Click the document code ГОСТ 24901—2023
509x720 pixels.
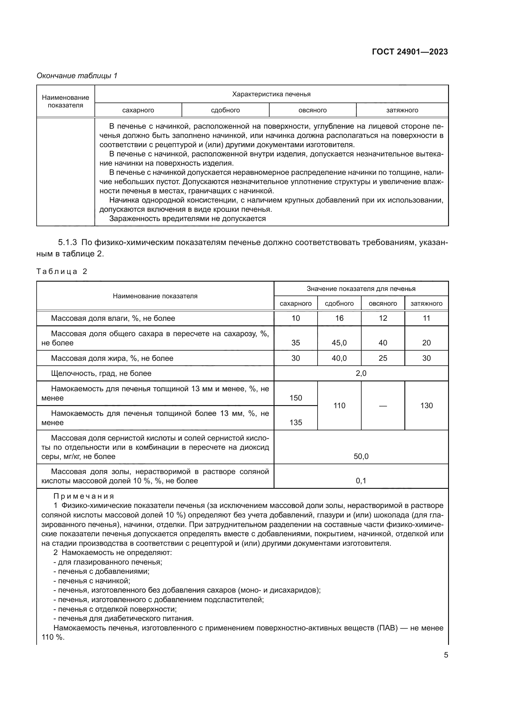410,52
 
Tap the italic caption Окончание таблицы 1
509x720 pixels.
77,76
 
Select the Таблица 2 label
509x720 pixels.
62,271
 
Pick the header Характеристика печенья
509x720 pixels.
271,94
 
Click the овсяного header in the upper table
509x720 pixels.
312,110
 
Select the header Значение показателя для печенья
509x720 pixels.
361,288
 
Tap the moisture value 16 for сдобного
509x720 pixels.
339,318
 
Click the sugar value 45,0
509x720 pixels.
339,342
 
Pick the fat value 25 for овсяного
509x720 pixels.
383,358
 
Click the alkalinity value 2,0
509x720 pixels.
361,373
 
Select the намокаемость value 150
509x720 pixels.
295,398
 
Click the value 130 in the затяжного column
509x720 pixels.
426,405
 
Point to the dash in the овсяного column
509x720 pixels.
383,406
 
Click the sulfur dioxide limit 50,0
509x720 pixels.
361,456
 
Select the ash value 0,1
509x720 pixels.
361,481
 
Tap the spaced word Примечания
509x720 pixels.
84,496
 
